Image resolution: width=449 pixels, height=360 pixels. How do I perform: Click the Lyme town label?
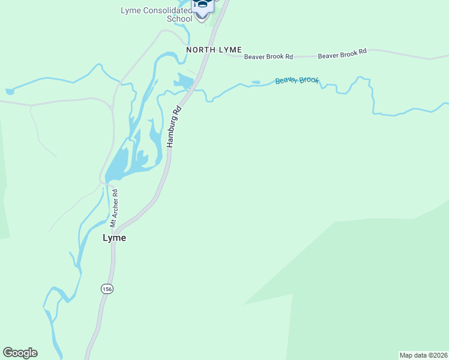pos(114,238)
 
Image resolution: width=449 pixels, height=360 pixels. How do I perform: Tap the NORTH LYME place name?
pos(214,49)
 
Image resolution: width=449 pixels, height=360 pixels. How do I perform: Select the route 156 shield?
pos(107,289)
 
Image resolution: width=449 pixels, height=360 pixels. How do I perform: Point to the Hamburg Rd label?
pos(173,127)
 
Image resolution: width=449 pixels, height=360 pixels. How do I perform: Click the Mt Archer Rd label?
pos(113,208)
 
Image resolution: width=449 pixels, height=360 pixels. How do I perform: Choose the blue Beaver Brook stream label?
pos(297,80)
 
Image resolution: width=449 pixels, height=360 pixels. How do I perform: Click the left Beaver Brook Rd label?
pos(268,57)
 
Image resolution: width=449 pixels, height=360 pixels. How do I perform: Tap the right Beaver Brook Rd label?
pos(342,54)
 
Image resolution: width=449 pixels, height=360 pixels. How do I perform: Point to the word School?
pos(179,19)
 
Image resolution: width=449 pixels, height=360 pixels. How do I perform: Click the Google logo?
pos(20,353)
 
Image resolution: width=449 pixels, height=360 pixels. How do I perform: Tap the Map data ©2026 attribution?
pos(423,355)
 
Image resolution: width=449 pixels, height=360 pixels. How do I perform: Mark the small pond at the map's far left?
pos(9,91)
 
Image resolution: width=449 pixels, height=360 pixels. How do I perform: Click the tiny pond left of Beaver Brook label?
pos(256,82)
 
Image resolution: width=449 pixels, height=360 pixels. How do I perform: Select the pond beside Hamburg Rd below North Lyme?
pos(184,82)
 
